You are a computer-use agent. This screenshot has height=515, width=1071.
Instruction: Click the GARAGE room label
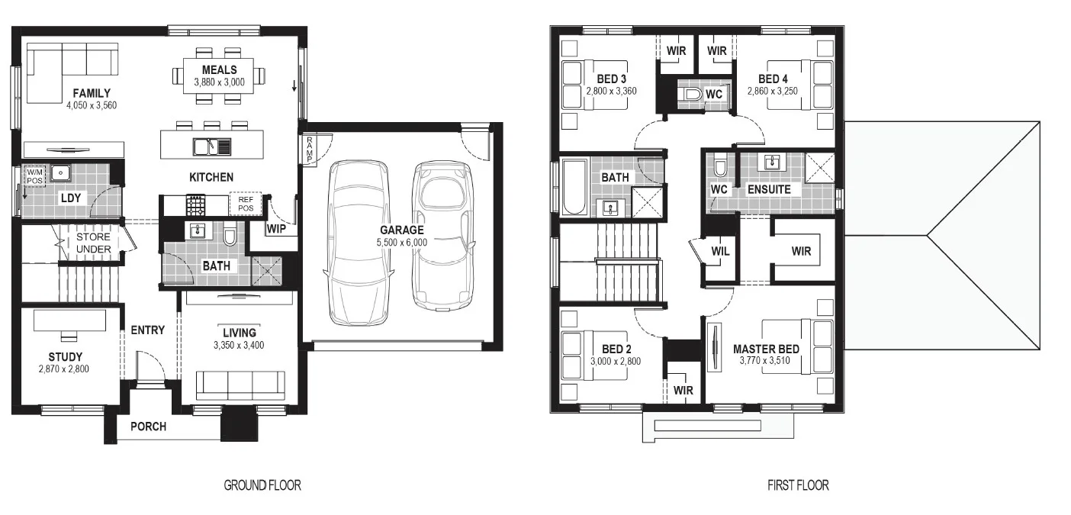click(401, 230)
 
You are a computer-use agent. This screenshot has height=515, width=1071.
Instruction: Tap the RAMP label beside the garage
click(310, 149)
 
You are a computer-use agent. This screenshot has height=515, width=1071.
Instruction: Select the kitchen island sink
click(212, 146)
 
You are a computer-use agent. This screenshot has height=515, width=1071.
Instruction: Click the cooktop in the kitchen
click(195, 205)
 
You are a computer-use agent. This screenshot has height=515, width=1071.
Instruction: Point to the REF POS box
click(246, 204)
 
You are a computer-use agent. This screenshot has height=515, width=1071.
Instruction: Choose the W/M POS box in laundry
click(34, 176)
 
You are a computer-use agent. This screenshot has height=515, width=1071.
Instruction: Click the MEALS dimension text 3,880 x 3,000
click(219, 82)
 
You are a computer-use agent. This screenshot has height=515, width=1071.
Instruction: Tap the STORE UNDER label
click(93, 243)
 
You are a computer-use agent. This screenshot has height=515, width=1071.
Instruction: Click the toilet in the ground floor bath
click(230, 234)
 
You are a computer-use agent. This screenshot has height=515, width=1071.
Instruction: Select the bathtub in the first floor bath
click(574, 188)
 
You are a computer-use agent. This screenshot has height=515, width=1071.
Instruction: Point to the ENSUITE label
click(769, 189)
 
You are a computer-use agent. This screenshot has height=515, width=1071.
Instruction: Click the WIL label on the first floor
click(720, 251)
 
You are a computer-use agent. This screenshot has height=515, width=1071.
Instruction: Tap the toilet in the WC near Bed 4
click(690, 94)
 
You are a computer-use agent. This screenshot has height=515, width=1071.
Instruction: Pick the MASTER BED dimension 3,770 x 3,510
click(765, 361)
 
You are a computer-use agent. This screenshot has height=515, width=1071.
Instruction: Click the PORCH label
click(148, 426)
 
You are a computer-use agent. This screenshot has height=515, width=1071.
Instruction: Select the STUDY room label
click(65, 357)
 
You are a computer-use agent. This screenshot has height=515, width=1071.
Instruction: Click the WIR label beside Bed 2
click(683, 390)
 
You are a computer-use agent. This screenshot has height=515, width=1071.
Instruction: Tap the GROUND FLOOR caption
click(262, 485)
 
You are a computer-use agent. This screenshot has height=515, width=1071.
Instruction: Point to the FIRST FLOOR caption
click(798, 485)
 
